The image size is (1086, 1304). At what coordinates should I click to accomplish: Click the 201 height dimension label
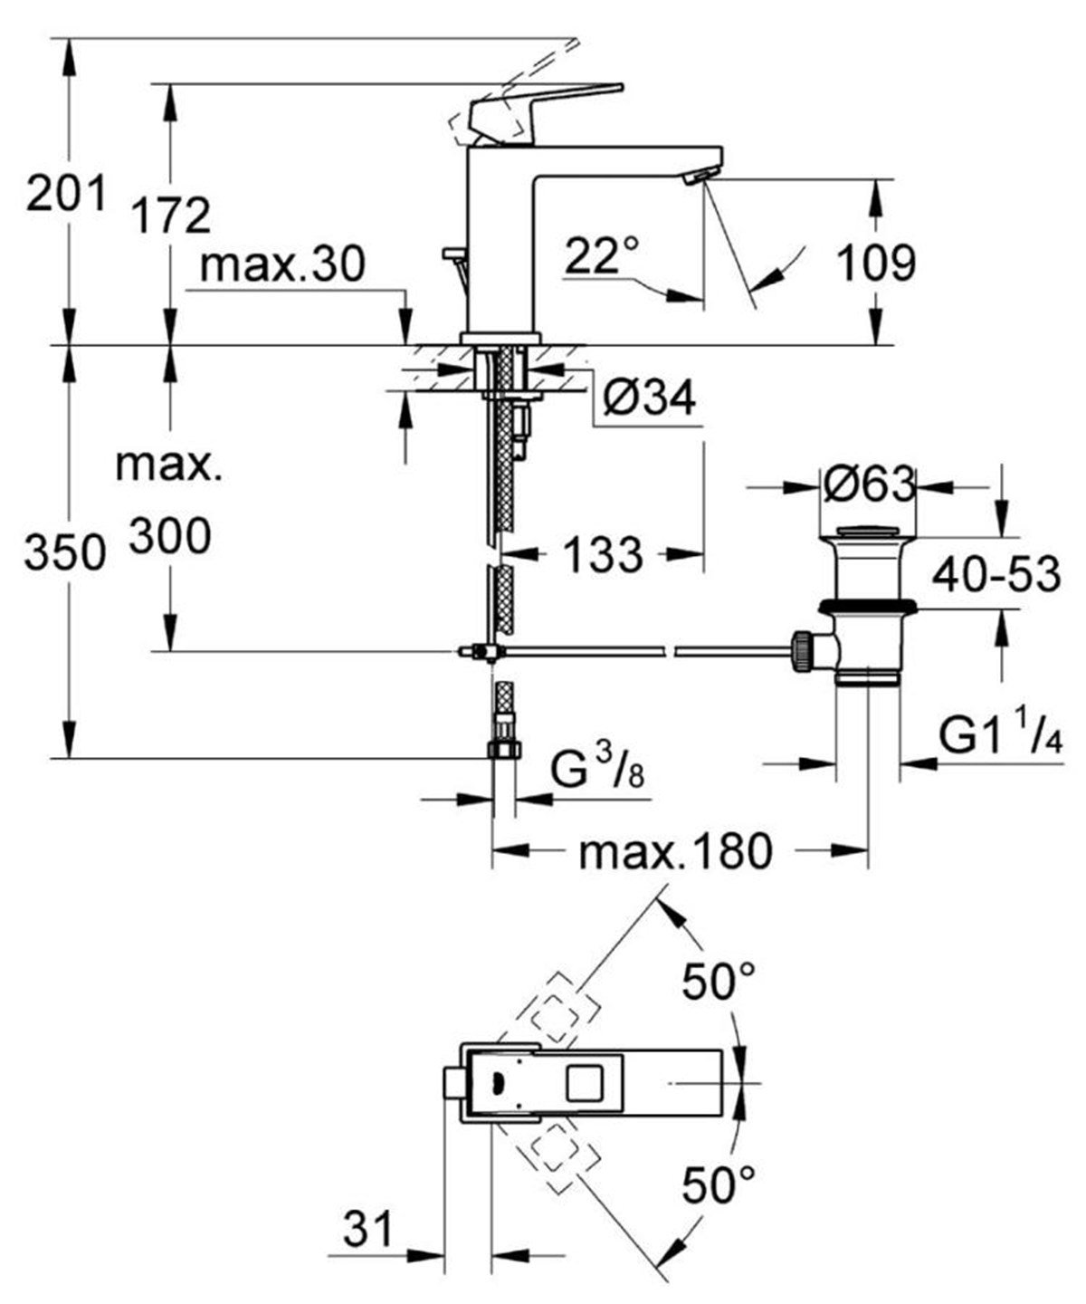[65, 193]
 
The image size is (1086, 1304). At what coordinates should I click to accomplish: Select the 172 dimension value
[170, 216]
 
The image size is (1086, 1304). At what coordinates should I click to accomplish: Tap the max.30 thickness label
[283, 264]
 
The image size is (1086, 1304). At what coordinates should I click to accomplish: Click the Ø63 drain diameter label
[868, 486]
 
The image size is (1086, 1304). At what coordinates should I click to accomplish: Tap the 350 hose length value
[65, 551]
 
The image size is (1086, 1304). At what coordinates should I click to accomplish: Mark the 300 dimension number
[169, 536]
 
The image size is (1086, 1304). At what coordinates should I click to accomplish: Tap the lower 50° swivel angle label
[719, 1185]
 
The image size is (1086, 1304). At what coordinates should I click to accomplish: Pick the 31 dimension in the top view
[368, 1230]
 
